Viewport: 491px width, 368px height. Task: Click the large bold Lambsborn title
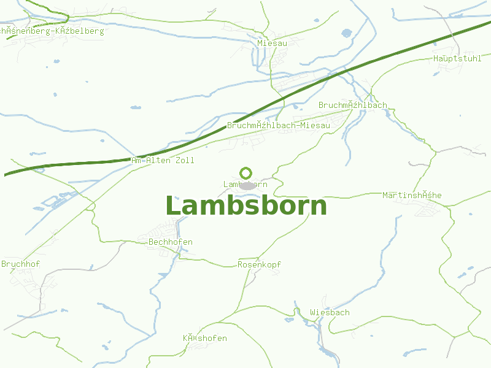pyautogui.click(x=245, y=206)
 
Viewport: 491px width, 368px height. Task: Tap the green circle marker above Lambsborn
pyautogui.click(x=246, y=173)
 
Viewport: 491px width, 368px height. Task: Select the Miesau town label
pyautogui.click(x=272, y=44)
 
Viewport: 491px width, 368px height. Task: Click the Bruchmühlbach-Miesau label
pyautogui.click(x=278, y=125)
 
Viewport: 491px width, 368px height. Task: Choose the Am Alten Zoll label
pyautogui.click(x=163, y=160)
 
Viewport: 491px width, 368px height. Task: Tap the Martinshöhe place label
pyautogui.click(x=411, y=195)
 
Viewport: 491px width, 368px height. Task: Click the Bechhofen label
pyautogui.click(x=171, y=242)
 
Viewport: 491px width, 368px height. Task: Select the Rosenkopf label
pyautogui.click(x=259, y=264)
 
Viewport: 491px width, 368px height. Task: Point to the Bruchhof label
pyautogui.click(x=20, y=264)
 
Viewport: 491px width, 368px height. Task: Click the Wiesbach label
pyautogui.click(x=330, y=312)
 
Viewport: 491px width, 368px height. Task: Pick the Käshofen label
pyautogui.click(x=204, y=338)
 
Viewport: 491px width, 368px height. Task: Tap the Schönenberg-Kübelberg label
pyautogui.click(x=52, y=31)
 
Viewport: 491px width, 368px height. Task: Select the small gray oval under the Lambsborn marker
pyautogui.click(x=247, y=186)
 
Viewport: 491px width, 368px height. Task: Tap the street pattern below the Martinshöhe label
pyautogui.click(x=427, y=210)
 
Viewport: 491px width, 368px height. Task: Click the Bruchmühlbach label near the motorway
pyautogui.click(x=352, y=105)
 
